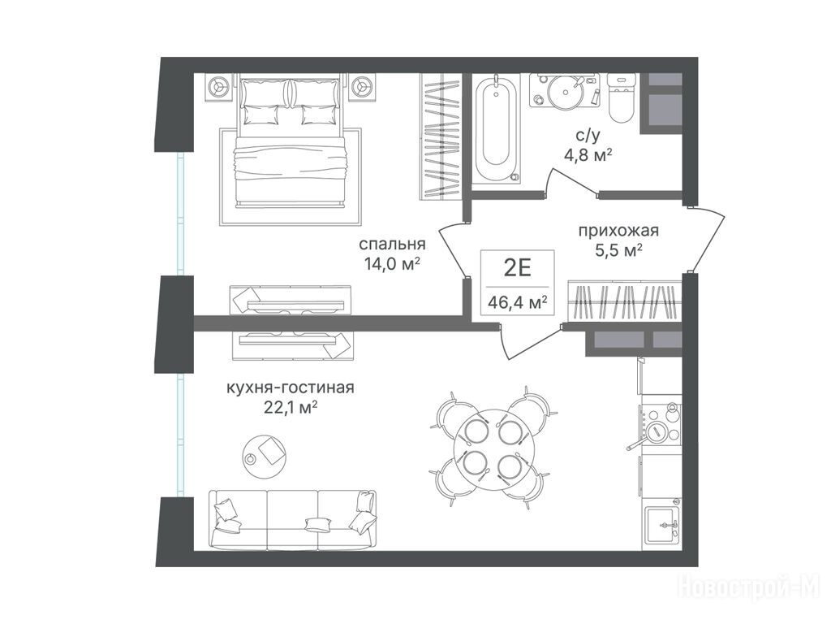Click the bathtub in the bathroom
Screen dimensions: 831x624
click(x=496, y=129)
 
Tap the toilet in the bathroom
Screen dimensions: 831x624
click(x=621, y=97)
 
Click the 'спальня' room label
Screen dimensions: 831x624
click(x=392, y=244)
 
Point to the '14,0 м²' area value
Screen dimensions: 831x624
click(x=392, y=263)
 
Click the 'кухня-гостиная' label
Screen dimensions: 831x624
click(x=291, y=388)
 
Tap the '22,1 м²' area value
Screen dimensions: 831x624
click(x=291, y=408)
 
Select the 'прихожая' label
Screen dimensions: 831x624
click(x=618, y=232)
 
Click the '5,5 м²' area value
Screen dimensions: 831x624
click(x=619, y=250)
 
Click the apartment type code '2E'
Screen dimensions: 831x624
click(x=517, y=268)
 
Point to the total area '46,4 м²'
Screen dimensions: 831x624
click(x=517, y=304)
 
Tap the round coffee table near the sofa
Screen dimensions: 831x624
click(x=264, y=451)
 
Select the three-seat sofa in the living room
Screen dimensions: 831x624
click(x=292, y=520)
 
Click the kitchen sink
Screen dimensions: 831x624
click(x=661, y=524)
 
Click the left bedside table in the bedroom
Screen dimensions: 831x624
click(x=217, y=86)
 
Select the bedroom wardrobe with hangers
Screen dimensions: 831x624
click(x=439, y=136)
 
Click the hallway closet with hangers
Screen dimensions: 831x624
click(x=624, y=301)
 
